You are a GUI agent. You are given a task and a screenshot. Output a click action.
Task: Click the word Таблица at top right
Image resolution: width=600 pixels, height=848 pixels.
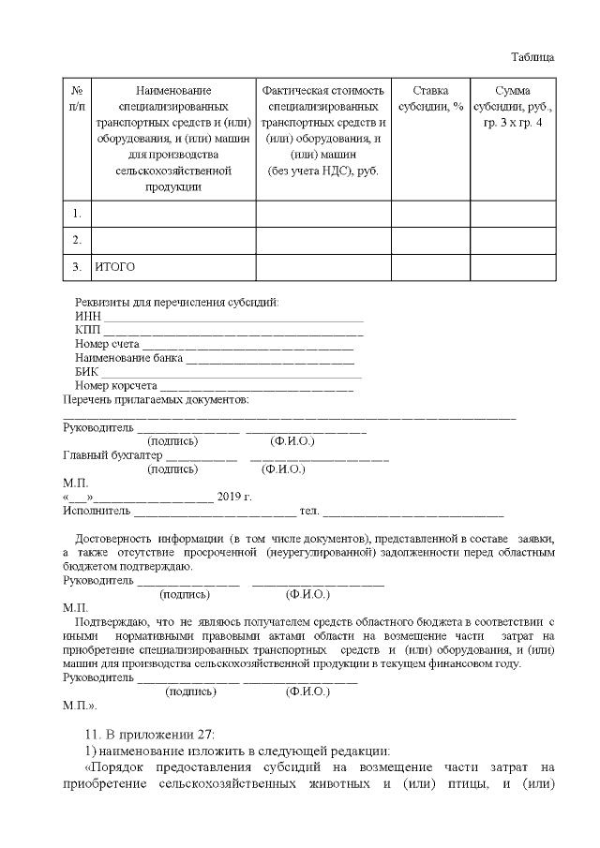[532, 56]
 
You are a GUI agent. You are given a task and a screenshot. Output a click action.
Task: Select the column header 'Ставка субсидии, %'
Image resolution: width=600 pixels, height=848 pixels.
[430, 98]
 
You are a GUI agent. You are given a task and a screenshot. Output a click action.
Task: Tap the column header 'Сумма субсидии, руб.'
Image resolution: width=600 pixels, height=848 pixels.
[512, 107]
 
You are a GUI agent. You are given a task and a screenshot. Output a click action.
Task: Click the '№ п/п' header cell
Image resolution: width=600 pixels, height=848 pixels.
[76, 98]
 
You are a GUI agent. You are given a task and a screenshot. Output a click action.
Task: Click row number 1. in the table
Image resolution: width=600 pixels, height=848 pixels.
[76, 215]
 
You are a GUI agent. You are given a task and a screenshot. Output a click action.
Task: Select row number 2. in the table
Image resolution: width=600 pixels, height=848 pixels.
[76, 241]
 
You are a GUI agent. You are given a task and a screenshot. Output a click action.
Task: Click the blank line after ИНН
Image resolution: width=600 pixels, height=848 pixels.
[232, 319]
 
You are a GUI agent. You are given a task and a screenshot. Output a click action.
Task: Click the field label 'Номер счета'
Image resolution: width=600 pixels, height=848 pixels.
[107, 345]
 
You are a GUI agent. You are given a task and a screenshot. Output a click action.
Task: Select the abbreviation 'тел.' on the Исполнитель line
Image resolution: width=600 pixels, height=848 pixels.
[308, 511]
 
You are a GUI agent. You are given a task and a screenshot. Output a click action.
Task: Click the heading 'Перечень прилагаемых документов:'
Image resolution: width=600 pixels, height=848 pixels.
[155, 399]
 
